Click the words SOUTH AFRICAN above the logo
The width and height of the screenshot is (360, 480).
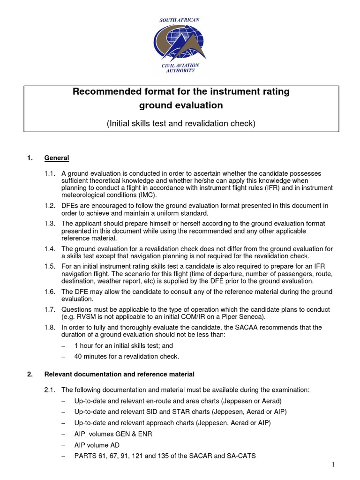[x=180, y=20]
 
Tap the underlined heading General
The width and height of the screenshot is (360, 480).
[x=57, y=158]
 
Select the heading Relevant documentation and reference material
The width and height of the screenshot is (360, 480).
[x=119, y=374]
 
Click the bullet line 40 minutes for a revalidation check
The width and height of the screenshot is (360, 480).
[x=127, y=356]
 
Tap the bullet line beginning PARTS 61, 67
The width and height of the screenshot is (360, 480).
[x=165, y=455]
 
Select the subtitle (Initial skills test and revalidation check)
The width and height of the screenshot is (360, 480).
[x=180, y=124]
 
